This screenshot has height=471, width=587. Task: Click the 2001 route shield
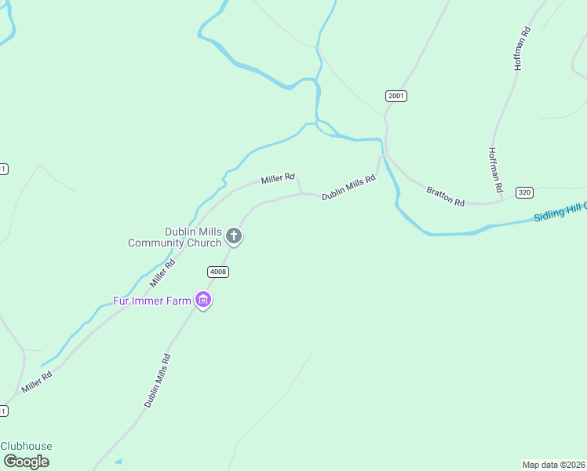(396, 96)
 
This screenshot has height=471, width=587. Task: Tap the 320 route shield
(525, 192)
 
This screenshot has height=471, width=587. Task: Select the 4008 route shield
(218, 272)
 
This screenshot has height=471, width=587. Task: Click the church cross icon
(233, 235)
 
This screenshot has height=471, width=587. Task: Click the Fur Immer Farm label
(153, 301)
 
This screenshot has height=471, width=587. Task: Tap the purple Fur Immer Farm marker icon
(204, 300)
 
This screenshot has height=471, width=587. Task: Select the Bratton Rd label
(446, 196)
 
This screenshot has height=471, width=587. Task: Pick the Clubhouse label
(26, 446)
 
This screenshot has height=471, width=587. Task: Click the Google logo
(26, 462)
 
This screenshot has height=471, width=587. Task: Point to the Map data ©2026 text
(553, 465)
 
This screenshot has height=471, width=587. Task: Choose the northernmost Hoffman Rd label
(523, 49)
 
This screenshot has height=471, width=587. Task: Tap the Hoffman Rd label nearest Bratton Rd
(494, 170)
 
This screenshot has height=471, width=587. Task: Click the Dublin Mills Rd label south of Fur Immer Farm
(157, 380)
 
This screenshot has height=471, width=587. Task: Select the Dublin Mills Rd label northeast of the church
(348, 188)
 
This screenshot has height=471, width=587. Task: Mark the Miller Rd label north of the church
(278, 179)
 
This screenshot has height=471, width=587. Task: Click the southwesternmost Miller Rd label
(37, 382)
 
